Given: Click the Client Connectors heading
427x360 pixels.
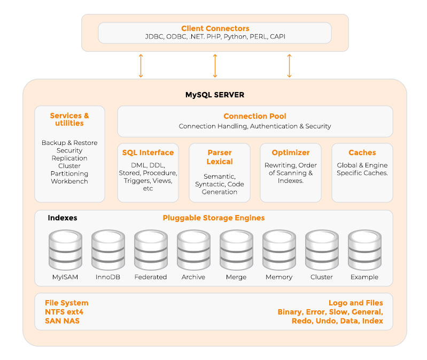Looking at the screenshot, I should [x=215, y=28].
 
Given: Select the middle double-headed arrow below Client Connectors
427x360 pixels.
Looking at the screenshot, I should [x=215, y=65].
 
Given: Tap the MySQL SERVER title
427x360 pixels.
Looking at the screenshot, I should [x=215, y=95].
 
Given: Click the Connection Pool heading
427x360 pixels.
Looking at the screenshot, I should [x=254, y=116].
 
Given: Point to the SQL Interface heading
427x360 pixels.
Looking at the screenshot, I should [x=147, y=152].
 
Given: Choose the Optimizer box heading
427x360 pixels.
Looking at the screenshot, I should [x=291, y=152].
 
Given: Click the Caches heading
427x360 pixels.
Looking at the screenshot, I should [x=362, y=152].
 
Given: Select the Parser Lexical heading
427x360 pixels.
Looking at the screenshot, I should [x=220, y=157].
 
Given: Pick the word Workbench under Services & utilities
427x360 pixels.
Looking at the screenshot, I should [x=69, y=181].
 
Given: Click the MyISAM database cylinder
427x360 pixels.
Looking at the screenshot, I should [x=65, y=250].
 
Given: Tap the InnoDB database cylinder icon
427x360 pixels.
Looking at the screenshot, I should [x=108, y=250].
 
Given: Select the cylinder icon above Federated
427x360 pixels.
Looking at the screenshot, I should [x=151, y=250].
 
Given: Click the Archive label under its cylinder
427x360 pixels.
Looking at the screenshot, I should [x=193, y=277].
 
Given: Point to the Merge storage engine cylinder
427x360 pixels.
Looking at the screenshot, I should [x=236, y=250].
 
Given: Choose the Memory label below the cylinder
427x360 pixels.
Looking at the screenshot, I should [x=279, y=277].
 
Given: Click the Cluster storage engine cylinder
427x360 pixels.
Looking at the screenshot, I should [x=322, y=250].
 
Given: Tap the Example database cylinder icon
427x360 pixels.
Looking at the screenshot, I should [x=364, y=250].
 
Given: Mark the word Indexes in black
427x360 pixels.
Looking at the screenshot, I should [x=63, y=218].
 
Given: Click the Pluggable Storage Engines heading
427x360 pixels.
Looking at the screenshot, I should [x=214, y=218].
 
